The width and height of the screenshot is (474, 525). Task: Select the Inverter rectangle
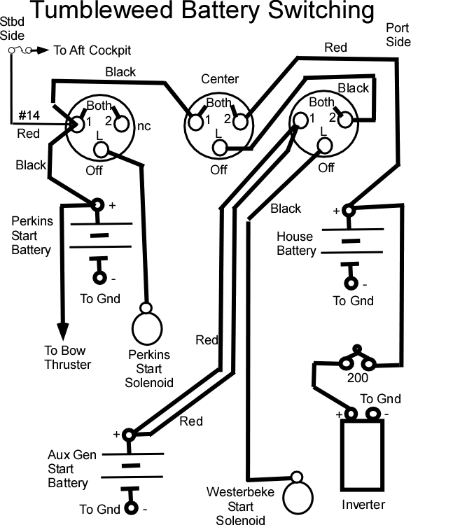point(341,455)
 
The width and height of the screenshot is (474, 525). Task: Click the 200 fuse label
point(358,378)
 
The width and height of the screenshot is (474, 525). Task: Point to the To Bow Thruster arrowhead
point(62,332)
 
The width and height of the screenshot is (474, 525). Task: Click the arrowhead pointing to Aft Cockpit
point(43,50)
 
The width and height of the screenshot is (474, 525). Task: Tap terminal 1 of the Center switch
point(195,122)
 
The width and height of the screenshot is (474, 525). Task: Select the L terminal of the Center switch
point(220,148)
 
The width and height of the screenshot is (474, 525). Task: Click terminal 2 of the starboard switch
point(121,123)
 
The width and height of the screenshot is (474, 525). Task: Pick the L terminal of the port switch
point(324,146)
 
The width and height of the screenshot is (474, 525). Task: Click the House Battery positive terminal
point(349,211)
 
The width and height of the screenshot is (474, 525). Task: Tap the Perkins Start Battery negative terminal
point(99,278)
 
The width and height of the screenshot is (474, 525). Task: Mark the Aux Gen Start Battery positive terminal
point(129,435)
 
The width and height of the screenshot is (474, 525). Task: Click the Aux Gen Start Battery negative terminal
point(131,508)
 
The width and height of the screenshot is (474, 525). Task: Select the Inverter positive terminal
point(351,414)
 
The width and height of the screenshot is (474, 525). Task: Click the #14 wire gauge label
point(29,115)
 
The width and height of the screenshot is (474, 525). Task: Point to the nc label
point(144,126)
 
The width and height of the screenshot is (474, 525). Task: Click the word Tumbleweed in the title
point(102,10)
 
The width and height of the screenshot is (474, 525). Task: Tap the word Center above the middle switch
point(220,79)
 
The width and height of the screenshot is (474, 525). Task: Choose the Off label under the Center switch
point(218,170)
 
